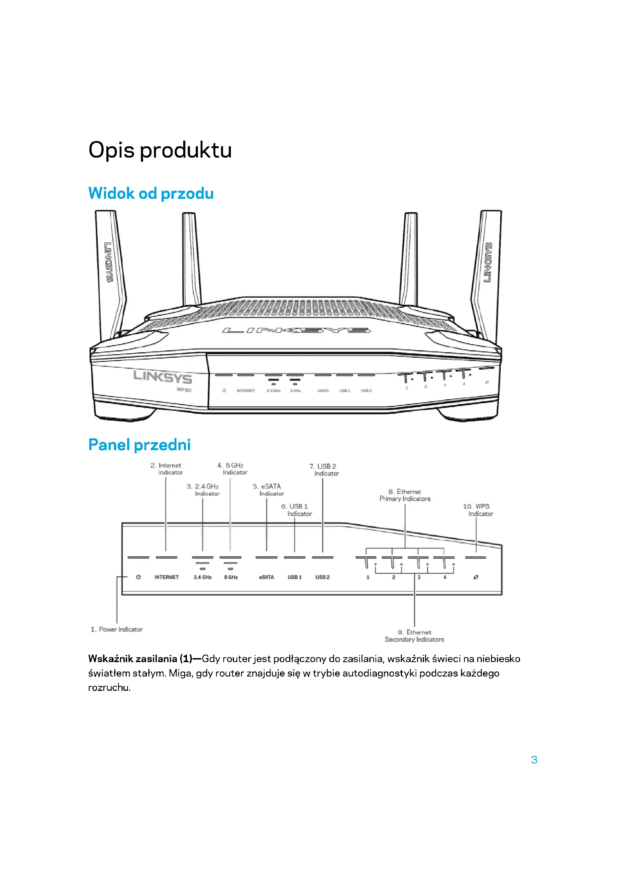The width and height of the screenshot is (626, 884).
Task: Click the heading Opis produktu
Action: [x=160, y=150]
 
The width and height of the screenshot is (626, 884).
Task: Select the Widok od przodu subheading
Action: [x=151, y=193]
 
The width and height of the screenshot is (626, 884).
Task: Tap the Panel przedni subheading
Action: [x=139, y=445]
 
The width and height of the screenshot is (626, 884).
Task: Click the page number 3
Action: [x=534, y=760]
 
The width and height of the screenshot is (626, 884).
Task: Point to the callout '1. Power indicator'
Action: [x=117, y=630]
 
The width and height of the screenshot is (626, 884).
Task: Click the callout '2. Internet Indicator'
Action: [x=167, y=469]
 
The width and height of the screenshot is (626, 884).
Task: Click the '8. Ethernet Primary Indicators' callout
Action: [x=405, y=495]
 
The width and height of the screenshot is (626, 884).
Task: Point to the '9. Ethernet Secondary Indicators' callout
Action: [x=414, y=636]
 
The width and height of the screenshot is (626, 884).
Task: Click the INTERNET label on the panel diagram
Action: [x=167, y=577]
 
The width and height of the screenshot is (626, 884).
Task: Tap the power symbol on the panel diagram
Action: [x=139, y=577]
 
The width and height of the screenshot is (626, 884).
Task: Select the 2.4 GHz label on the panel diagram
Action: [x=202, y=577]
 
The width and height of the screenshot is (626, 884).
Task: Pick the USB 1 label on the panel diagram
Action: [x=294, y=577]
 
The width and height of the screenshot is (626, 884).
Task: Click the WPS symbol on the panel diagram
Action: [x=476, y=577]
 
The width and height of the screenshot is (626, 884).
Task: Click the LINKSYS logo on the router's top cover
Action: [x=296, y=330]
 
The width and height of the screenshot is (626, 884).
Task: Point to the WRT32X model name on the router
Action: [x=184, y=390]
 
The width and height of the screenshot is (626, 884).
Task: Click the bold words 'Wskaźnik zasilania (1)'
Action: [x=140, y=659]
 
